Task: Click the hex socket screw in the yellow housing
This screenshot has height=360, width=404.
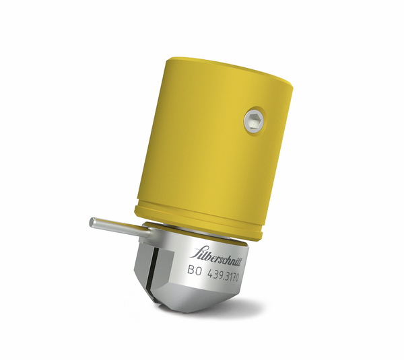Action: (254, 120)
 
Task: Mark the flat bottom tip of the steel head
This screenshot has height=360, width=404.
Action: (189, 311)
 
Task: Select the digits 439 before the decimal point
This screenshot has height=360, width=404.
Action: (215, 273)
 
